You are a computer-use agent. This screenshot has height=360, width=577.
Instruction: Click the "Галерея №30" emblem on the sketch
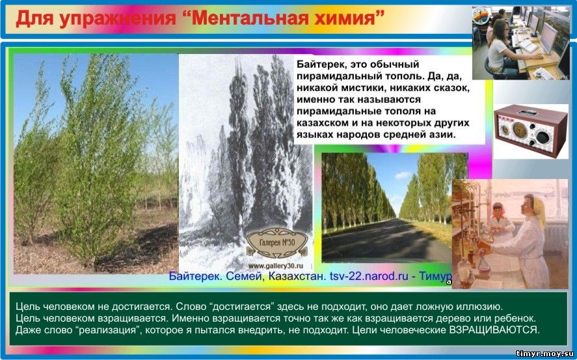[x=276, y=243]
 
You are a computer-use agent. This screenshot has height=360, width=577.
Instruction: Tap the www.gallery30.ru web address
[x=276, y=266]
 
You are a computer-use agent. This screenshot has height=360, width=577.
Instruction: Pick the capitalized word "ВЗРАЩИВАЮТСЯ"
[x=494, y=330]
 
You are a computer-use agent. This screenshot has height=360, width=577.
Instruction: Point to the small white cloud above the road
[x=403, y=175]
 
